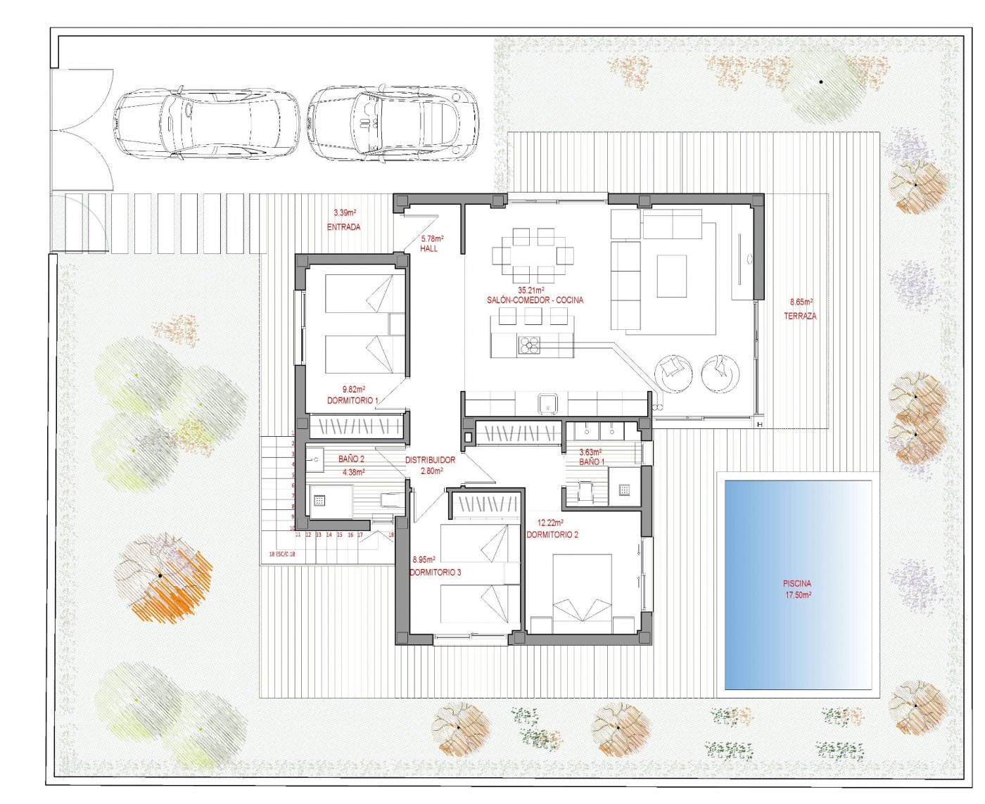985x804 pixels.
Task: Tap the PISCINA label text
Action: [797, 583]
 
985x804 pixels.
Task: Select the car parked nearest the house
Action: [393, 124]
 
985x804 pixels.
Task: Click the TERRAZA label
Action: [800, 316]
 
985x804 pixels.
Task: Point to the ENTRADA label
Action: [343, 227]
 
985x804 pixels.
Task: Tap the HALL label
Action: [428, 248]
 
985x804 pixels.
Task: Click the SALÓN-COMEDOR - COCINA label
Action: [535, 300]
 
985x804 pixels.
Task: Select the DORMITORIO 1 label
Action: [352, 400]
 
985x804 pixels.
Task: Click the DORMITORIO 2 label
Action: [552, 535]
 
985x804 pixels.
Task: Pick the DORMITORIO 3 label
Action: [435, 573]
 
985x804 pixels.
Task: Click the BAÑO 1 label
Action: [591, 461]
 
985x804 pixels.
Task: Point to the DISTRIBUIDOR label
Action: [430, 460]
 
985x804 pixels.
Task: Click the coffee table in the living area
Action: [671, 276]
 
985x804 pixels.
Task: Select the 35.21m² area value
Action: [531, 290]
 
